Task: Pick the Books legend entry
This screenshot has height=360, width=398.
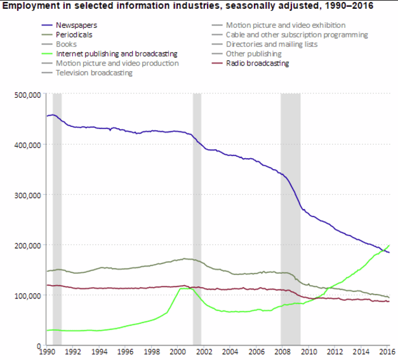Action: pos(66,44)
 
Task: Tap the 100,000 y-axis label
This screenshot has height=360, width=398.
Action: pos(29,296)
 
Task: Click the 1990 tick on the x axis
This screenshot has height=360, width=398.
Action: pos(47,351)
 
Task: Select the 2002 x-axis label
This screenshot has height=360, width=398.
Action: pos(204,351)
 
